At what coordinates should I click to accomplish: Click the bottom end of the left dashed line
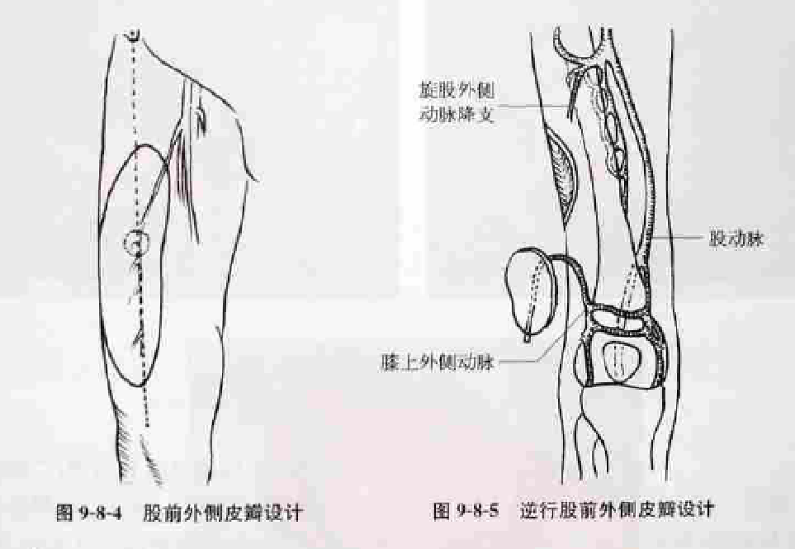tap(147, 424)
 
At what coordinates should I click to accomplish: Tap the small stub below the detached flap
tap(527, 336)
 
